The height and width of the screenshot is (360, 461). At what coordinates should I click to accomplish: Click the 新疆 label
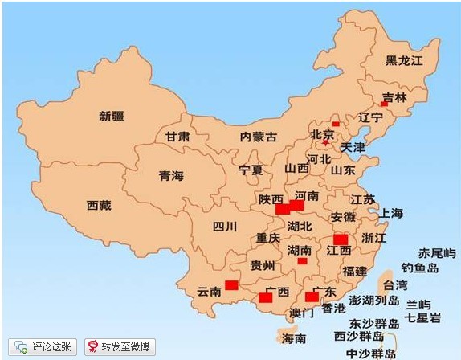click(x=112, y=116)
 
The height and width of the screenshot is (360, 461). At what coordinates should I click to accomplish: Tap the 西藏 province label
click(x=99, y=205)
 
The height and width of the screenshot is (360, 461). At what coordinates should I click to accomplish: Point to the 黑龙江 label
click(x=403, y=60)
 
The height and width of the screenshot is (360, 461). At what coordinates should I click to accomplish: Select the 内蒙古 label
click(x=258, y=137)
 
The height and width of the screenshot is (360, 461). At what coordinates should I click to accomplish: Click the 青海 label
click(x=171, y=175)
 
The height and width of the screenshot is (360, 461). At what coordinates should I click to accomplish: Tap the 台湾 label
click(x=394, y=285)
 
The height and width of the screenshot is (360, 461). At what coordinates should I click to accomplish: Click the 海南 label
click(x=294, y=338)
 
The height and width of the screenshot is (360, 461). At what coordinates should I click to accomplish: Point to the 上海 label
click(x=391, y=213)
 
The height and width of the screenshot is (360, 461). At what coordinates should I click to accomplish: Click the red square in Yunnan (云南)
click(x=231, y=284)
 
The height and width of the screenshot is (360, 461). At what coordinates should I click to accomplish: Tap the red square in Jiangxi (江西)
click(x=341, y=239)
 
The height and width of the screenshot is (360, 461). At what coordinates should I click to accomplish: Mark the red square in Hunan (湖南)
click(x=302, y=260)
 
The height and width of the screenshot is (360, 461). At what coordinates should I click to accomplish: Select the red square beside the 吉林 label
click(x=384, y=104)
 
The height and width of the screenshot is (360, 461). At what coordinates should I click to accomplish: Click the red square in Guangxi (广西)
click(x=265, y=298)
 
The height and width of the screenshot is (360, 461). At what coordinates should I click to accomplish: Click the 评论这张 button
click(x=45, y=347)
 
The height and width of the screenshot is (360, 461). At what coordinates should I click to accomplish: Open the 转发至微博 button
click(x=120, y=347)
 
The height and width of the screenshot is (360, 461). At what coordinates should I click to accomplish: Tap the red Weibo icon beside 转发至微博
click(x=94, y=347)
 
